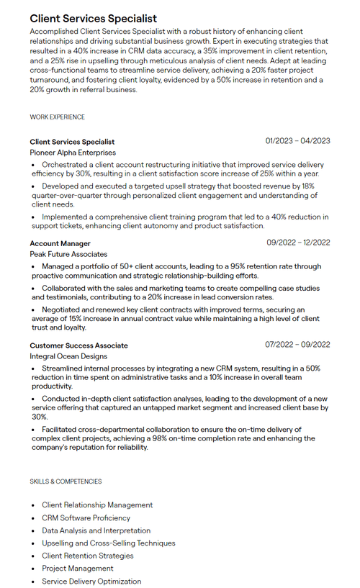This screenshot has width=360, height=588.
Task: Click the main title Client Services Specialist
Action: coord(93,18)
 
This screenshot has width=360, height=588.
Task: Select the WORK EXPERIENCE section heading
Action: coord(57,117)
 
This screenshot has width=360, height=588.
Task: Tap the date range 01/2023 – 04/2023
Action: coord(297,141)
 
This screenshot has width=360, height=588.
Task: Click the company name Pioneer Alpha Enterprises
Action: coord(73,153)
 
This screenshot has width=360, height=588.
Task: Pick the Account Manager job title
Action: coord(60,243)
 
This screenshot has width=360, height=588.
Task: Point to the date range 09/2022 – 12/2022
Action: coord(298,243)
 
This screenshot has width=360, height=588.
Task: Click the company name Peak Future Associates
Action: coord(68,254)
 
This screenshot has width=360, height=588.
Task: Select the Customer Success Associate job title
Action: coord(78,345)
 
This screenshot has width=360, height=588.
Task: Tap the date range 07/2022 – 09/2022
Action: coord(297,345)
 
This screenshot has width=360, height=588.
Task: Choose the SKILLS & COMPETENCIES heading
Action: coord(66,481)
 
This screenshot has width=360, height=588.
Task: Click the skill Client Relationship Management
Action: coord(97,505)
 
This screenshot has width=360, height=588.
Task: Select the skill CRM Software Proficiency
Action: coord(86,517)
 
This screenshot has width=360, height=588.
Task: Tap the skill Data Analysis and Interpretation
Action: coord(96,530)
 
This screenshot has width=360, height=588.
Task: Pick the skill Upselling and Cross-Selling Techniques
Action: coord(108,543)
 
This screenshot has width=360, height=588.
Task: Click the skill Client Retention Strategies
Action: coord(87,556)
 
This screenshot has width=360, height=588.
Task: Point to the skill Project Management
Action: coord(77,569)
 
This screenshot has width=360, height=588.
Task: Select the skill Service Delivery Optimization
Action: coord(91,582)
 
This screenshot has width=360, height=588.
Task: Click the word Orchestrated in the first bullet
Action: coord(65,164)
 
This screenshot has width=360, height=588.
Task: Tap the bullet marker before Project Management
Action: coord(33,569)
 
